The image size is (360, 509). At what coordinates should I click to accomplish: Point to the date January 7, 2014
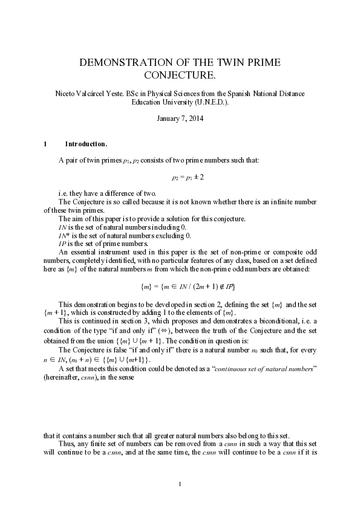[180, 118]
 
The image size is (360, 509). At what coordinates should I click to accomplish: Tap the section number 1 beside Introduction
[45, 144]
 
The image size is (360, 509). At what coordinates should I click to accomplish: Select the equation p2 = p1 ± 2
[187, 177]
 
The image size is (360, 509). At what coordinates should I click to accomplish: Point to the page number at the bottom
[180, 482]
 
